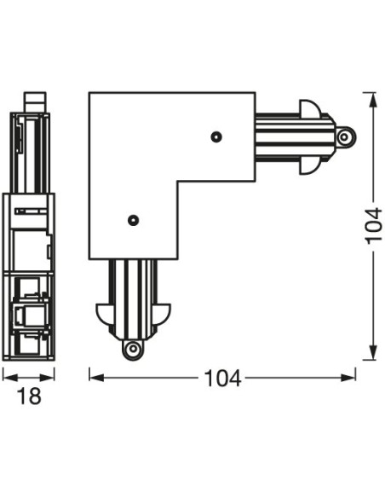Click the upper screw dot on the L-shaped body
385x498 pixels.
[216, 136]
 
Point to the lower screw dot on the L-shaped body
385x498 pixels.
[132, 220]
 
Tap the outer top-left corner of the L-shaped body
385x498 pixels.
[90, 94]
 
